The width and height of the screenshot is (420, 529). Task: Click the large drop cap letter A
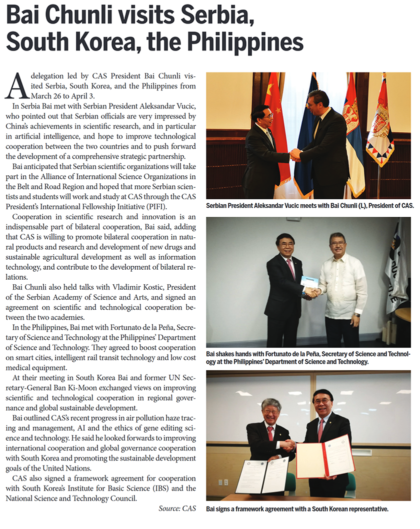pos(15,86)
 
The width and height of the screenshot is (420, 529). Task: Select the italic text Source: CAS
pos(177,509)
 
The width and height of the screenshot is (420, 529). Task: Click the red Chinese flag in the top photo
pos(276,130)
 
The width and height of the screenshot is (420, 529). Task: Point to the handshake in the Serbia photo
pos(295,154)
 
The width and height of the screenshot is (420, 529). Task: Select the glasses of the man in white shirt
pos(338,244)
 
